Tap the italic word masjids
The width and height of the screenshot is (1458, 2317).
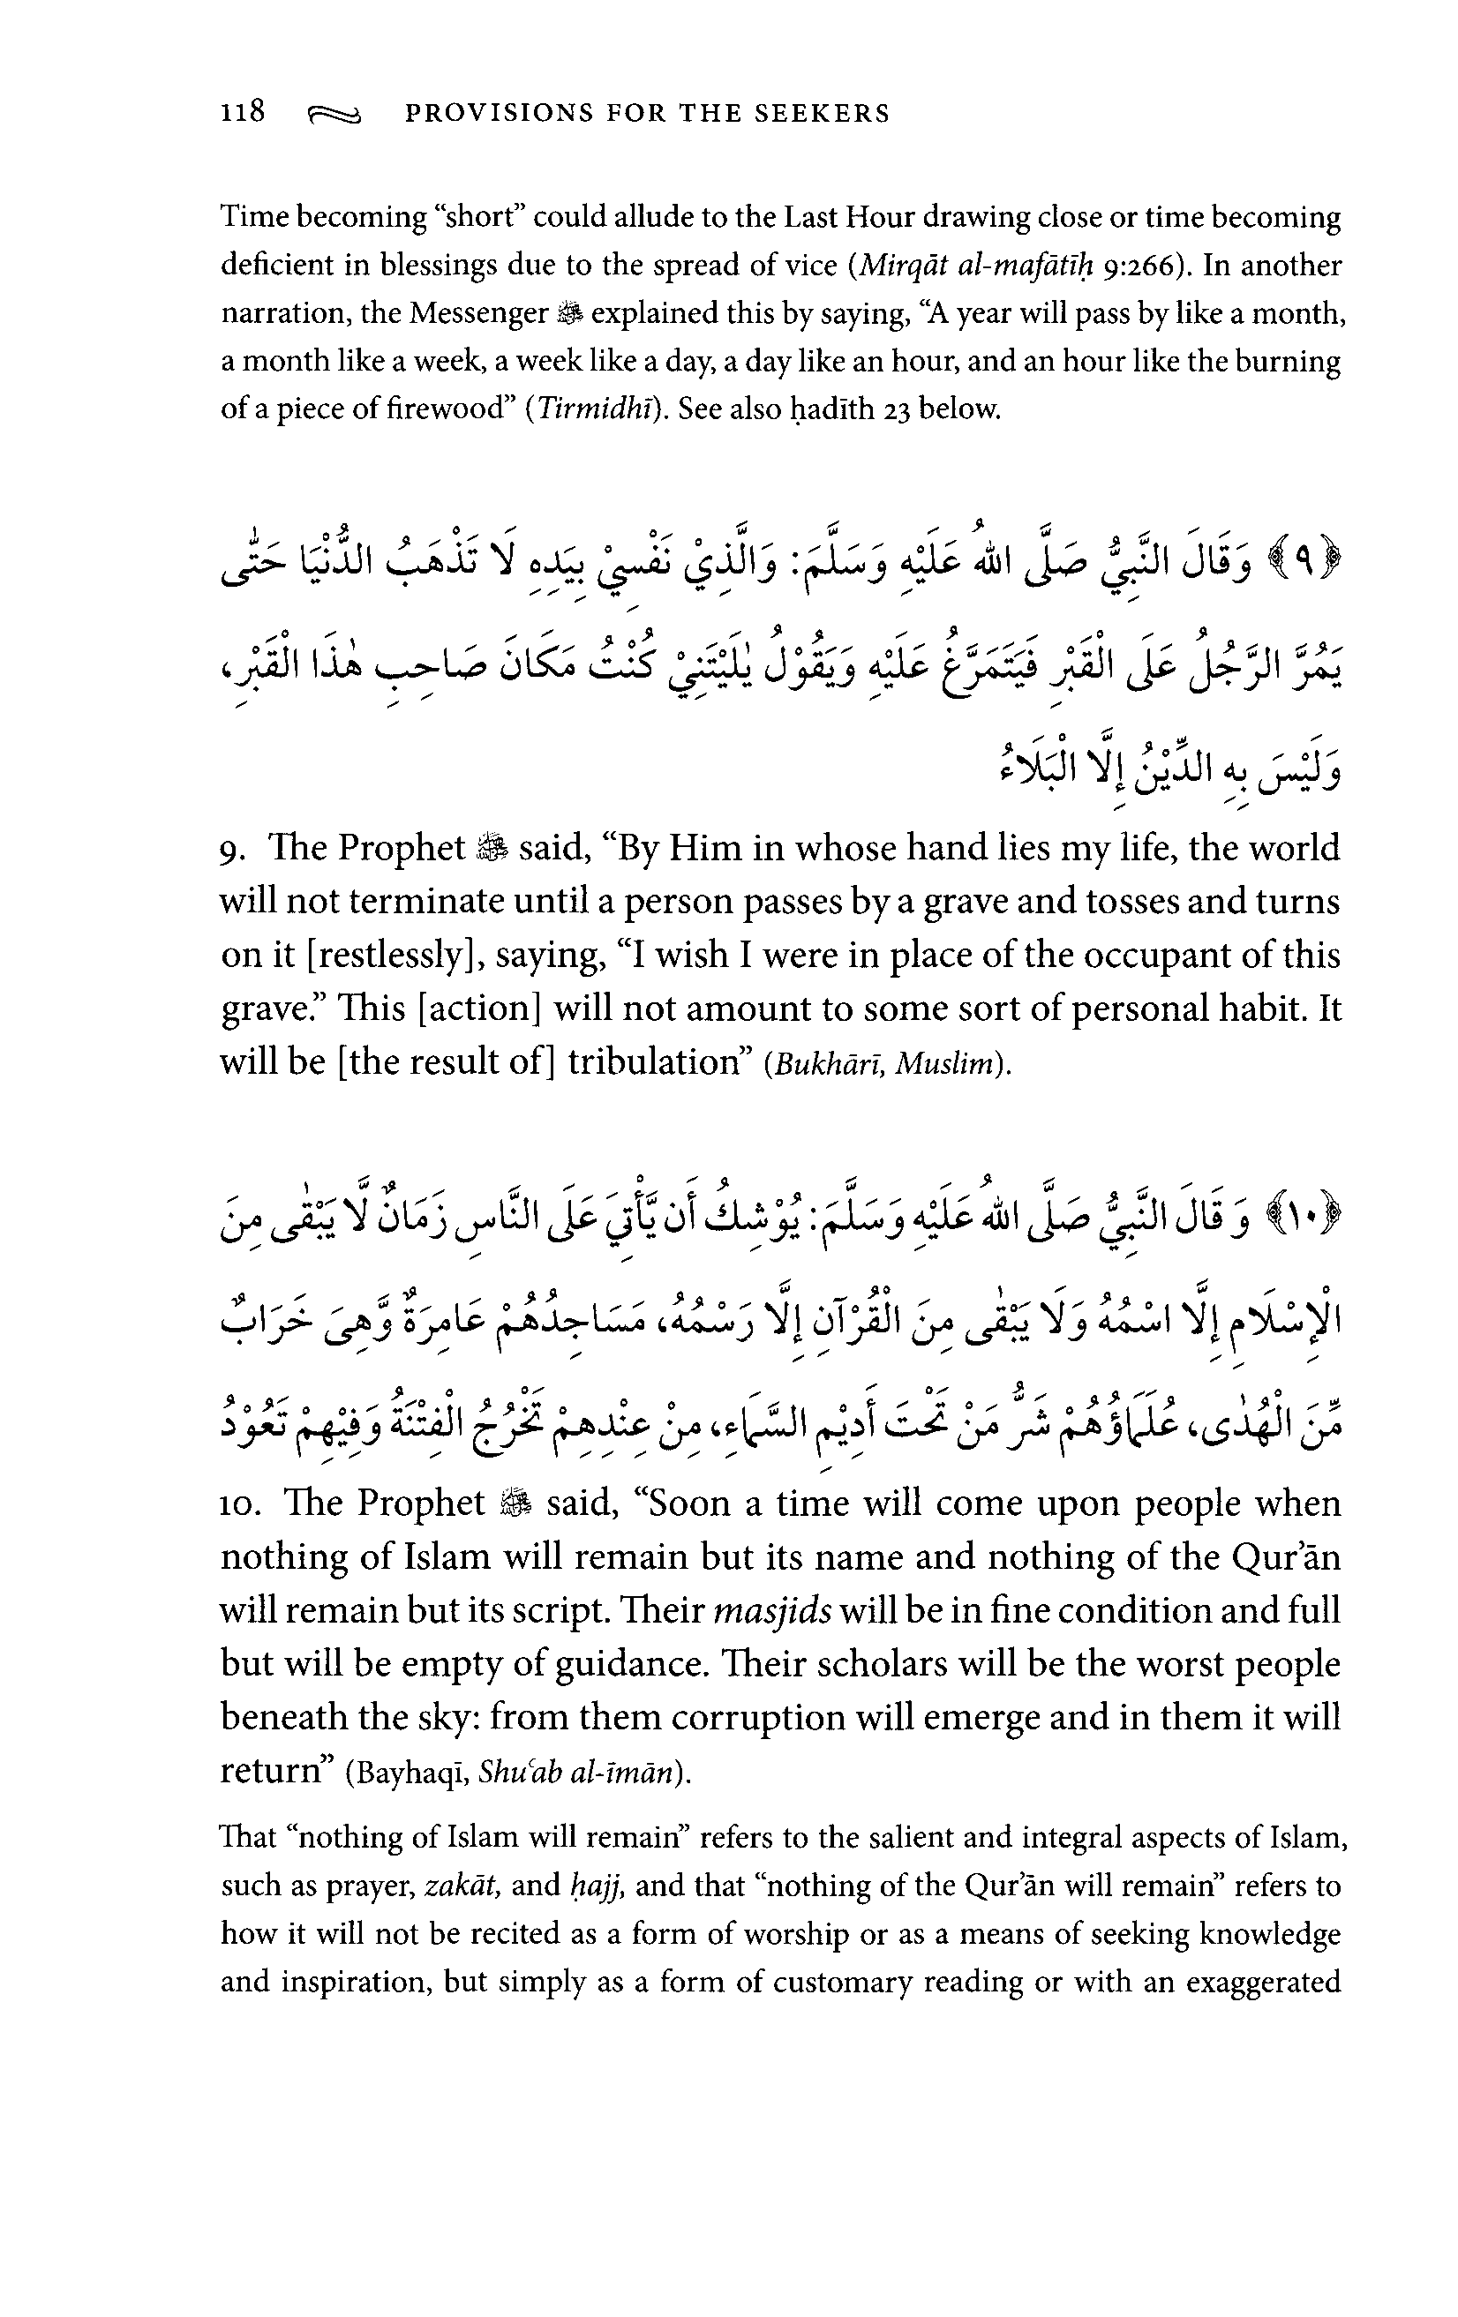(773, 1612)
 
